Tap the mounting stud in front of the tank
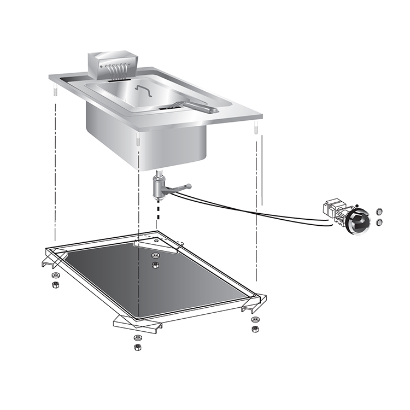coord(138,141)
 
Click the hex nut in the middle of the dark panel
coord(155,265)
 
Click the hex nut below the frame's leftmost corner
coord(55,285)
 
